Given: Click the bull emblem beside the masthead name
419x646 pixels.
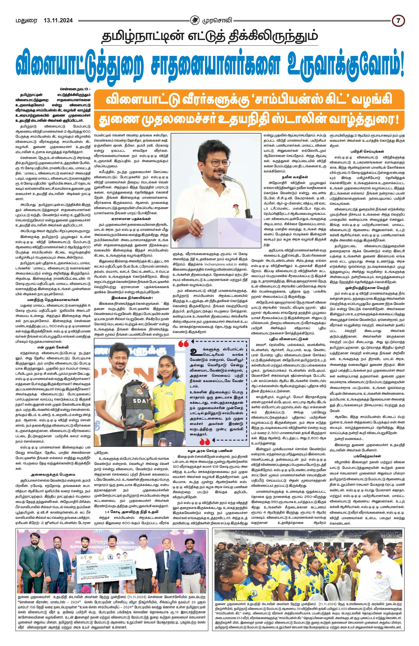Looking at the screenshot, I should [x=194, y=20].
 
